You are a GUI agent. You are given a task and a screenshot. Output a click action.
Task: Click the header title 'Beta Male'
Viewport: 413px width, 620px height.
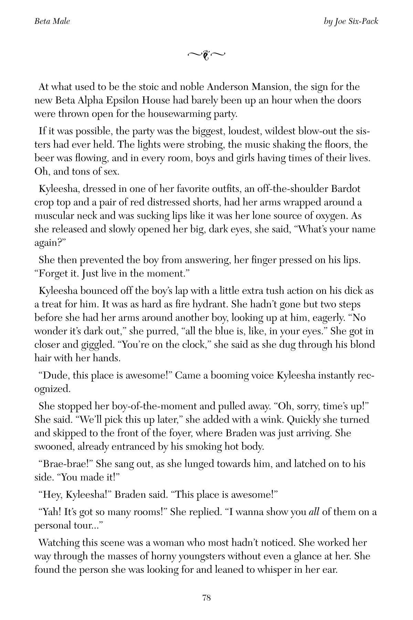(52, 21)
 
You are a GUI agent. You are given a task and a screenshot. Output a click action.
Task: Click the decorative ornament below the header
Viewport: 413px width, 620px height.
(206, 54)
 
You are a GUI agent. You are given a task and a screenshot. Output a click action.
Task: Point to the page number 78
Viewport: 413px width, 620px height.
(206, 598)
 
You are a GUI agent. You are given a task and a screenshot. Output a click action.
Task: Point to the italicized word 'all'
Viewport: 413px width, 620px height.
(314, 512)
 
